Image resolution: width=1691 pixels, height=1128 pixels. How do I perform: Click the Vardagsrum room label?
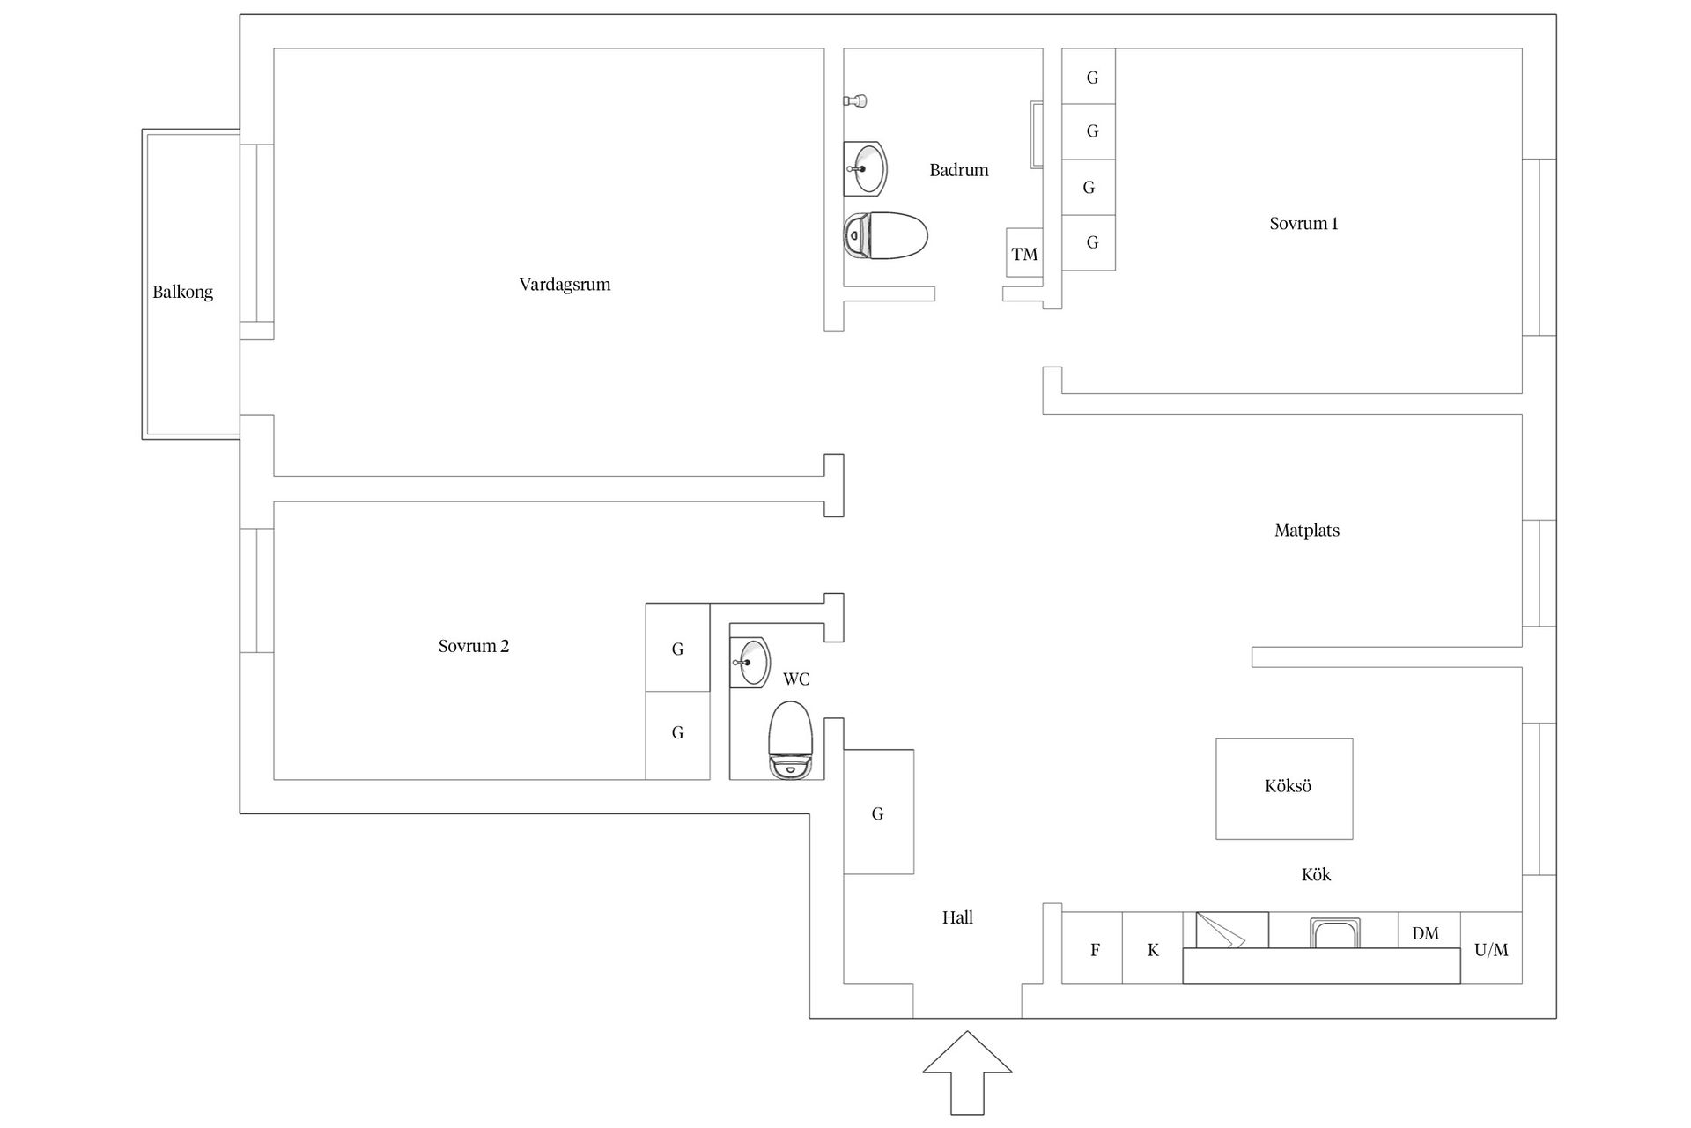pos(565,285)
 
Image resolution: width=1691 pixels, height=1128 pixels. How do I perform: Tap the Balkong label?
pos(183,292)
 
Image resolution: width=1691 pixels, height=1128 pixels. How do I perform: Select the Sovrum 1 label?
pos(1303,224)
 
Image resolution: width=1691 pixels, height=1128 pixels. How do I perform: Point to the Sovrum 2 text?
pos(474,646)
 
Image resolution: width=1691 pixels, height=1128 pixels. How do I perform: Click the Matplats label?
pos(1307,531)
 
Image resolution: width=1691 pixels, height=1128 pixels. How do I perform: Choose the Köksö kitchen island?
pos(1284,789)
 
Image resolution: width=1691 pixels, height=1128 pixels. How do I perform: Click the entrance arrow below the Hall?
pos(967,1072)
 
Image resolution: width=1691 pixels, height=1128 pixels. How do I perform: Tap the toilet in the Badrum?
pos(886,235)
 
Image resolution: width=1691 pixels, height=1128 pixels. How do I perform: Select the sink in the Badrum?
pos(865,168)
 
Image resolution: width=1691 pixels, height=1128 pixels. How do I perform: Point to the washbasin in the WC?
pos(750,661)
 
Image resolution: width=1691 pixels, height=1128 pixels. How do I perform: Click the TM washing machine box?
pos(1024,254)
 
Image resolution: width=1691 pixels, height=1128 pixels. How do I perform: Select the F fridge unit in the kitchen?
pos(1092,948)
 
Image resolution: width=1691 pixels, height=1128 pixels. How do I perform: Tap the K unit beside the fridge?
pos(1153,948)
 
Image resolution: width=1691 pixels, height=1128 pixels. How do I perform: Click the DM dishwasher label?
pos(1425,933)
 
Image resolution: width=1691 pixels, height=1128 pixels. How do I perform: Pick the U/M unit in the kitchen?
pos(1491,948)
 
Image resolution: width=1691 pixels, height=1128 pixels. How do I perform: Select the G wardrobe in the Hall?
pos(878,812)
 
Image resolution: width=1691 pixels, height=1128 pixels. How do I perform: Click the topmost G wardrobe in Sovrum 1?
pos(1089,77)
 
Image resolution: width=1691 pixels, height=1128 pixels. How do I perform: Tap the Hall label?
pos(957,917)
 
